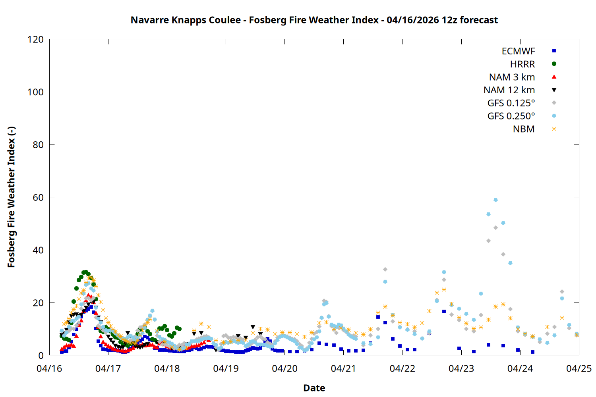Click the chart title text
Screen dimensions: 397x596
coord(314,20)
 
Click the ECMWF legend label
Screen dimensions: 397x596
coord(518,51)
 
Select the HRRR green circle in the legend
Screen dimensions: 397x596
coord(554,64)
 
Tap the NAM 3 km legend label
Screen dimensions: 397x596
coord(512,77)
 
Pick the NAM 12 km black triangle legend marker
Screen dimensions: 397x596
coord(554,90)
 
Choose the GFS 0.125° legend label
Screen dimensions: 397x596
coord(511,103)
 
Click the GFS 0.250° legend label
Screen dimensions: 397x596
coord(511,116)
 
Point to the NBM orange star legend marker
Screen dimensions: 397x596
coord(554,129)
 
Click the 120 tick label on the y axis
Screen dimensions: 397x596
coord(35,39)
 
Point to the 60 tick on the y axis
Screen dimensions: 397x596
coord(38,197)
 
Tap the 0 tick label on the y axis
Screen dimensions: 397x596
coord(41,355)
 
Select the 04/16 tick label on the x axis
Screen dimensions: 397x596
coord(49,368)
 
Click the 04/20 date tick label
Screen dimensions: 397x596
coord(284,368)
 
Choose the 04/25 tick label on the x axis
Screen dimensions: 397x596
coord(579,368)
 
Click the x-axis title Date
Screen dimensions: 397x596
coord(314,388)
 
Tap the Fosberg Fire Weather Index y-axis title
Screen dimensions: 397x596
coord(11,197)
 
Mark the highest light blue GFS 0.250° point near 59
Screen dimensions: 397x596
coord(495,200)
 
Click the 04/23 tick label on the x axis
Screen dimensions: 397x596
coord(461,368)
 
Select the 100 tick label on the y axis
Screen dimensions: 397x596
coord(35,92)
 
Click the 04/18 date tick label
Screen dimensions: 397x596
coord(167,368)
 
